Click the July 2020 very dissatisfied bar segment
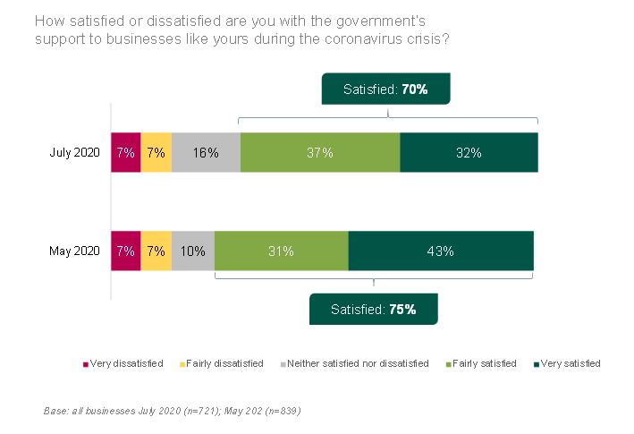125,152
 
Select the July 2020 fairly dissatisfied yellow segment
156,152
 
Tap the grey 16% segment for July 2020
206,152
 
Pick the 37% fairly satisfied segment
320,152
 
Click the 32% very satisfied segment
469,152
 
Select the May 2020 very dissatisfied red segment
125,251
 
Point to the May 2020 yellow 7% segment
156,251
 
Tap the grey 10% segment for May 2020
192,251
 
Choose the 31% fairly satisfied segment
281,251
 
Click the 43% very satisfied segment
440,251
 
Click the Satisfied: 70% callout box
385,89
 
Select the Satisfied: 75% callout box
373,309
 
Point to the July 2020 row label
74,152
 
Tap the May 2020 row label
74,251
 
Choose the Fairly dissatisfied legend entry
224,363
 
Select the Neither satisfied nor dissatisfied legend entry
354,363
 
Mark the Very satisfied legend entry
567,363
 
